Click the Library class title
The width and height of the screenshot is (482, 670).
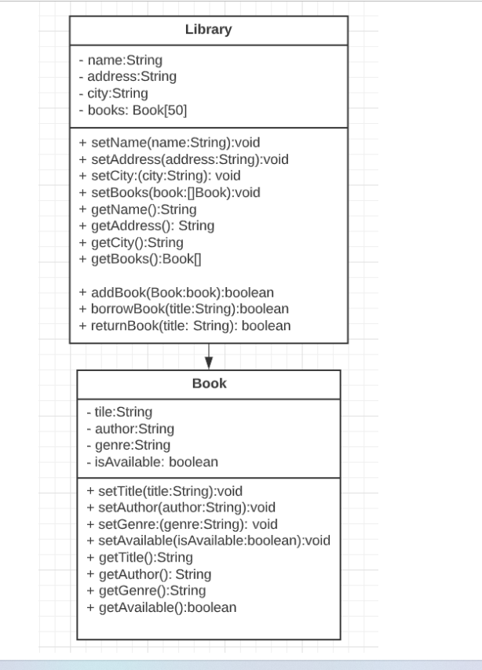[x=208, y=30]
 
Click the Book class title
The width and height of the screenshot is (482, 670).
[x=209, y=384]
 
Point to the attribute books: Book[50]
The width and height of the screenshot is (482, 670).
[x=133, y=111]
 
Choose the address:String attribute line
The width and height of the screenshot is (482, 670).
[x=127, y=76]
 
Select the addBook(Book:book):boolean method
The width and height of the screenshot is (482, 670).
[x=176, y=293]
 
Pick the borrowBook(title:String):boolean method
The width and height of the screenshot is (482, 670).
[x=184, y=309]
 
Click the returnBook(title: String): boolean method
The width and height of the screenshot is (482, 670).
[x=184, y=326]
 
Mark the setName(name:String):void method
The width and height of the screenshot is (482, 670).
[x=169, y=143]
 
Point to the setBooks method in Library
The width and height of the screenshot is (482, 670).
[x=169, y=192]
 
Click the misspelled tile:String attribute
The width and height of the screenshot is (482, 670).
[x=119, y=412]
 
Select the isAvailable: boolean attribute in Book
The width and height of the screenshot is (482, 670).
[x=152, y=462]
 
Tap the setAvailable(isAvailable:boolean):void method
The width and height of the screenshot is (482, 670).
[x=208, y=541]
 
